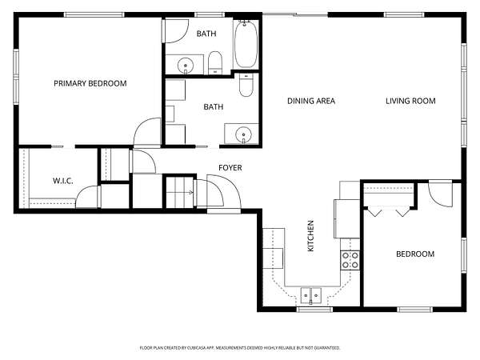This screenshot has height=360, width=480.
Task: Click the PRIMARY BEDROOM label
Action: [90, 83]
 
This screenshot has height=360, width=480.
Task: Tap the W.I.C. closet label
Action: [62, 181]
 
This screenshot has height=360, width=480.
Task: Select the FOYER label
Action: [230, 168]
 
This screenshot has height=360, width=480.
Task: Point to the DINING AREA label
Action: [311, 101]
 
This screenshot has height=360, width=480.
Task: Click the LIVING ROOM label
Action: [410, 101]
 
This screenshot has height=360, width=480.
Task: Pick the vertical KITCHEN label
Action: [310, 236]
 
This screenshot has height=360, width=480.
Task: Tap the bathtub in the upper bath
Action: [246, 44]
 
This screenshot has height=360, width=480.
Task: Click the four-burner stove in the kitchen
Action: [350, 260]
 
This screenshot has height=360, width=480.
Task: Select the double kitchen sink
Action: [310, 295]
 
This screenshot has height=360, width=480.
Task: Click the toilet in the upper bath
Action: [215, 62]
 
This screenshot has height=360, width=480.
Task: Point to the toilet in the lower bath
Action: [246, 85]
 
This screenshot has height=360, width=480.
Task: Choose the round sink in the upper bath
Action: [186, 66]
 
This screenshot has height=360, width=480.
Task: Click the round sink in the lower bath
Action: [243, 134]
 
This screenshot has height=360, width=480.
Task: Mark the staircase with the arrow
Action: [180, 192]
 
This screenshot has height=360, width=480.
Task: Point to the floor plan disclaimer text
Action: [240, 348]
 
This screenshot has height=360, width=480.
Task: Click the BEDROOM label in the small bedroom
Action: [415, 254]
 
